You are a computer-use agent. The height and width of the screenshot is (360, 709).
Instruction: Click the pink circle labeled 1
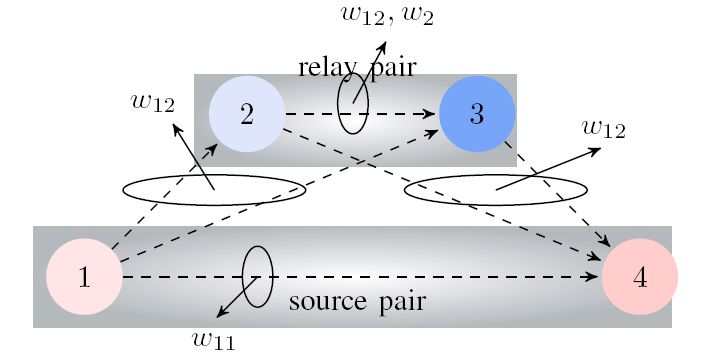(x=85, y=277)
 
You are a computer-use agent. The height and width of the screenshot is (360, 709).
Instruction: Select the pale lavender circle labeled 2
(x=247, y=114)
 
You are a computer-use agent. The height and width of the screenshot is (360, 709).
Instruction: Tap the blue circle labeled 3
(x=477, y=114)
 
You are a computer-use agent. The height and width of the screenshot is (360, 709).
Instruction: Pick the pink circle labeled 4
(x=640, y=277)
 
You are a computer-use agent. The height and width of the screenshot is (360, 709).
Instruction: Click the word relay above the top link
(x=326, y=67)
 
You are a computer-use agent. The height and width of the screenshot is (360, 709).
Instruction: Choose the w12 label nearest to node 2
(x=153, y=102)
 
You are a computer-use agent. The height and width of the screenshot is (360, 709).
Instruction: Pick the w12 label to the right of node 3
(x=603, y=128)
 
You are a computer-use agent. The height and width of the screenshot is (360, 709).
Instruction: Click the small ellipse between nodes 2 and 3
(x=353, y=103)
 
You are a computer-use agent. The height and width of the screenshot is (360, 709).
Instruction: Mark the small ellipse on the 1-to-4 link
(x=257, y=276)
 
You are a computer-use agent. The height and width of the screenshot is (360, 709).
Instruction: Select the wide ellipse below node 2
(x=214, y=189)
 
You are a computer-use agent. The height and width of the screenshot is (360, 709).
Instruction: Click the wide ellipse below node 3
(x=495, y=189)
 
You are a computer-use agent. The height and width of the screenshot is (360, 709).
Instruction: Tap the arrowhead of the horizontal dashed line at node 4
(x=594, y=277)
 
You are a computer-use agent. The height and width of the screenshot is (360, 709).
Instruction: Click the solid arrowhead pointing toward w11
(x=221, y=314)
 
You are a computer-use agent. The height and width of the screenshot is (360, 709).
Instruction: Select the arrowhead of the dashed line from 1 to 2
(x=213, y=150)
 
